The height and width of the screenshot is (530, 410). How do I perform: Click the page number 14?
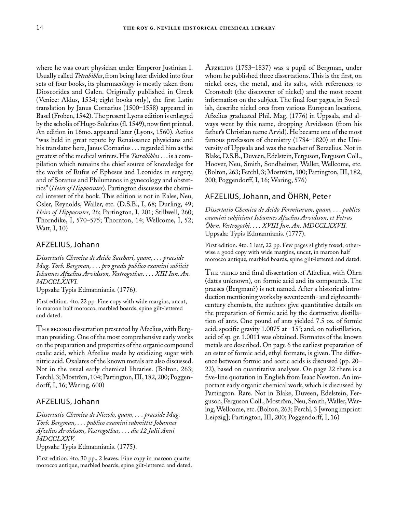pyautogui.click(x=39, y=28)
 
